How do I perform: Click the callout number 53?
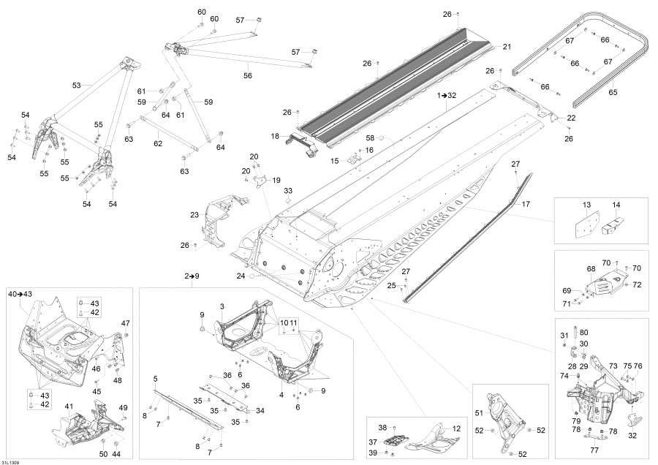tap(76, 86)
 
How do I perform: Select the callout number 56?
tap(248, 75)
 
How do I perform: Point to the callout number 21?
tap(507, 47)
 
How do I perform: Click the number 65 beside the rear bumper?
tap(613, 93)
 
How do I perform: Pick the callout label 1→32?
tap(446, 96)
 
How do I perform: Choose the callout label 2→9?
tap(192, 276)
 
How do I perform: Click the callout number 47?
tap(126, 322)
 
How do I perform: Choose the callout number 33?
tap(288, 190)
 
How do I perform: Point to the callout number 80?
tap(583, 333)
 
